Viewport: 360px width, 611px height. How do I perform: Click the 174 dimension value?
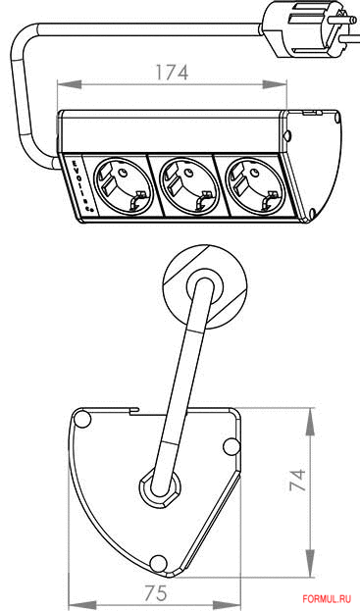[x=171, y=72]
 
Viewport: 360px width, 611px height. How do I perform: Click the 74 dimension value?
[x=298, y=480]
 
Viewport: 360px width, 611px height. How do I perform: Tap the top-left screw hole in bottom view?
[x=82, y=419]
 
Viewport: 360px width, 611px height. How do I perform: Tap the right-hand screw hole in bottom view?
[x=231, y=446]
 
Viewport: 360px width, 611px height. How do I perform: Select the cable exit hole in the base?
[x=159, y=486]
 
